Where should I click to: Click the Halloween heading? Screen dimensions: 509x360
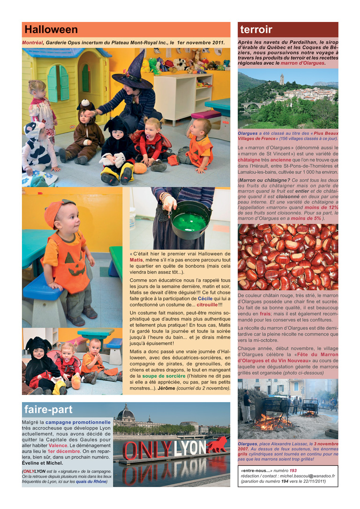51,30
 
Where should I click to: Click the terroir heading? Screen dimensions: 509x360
256,30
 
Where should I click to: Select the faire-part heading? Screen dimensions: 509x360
49,409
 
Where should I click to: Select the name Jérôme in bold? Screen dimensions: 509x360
166,389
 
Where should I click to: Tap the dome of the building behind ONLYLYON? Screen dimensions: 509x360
126,412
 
